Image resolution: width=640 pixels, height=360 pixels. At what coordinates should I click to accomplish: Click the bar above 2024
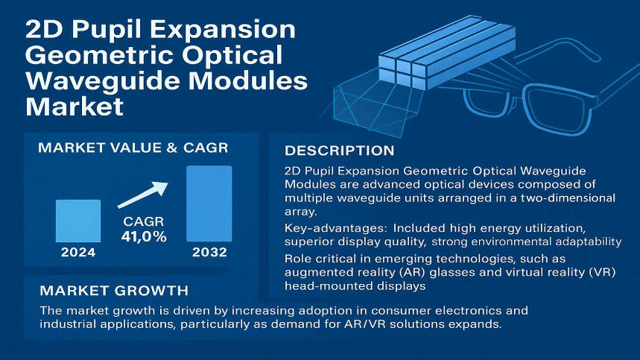pos(77,221)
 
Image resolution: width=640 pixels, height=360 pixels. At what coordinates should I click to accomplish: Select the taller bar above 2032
pos(209,203)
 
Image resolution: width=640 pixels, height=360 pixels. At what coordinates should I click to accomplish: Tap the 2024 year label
pos(77,252)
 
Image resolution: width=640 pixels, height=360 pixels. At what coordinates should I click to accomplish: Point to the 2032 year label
pos(209,252)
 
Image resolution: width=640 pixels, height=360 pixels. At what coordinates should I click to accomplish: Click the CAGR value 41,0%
pos(144,237)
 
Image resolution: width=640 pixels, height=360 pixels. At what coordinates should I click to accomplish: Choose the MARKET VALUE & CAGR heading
pos(133,148)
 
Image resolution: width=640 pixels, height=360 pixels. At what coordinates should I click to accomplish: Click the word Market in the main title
pos(75,106)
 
